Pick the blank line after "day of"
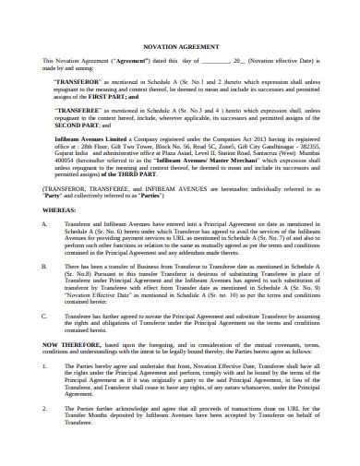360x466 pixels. click(213, 61)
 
